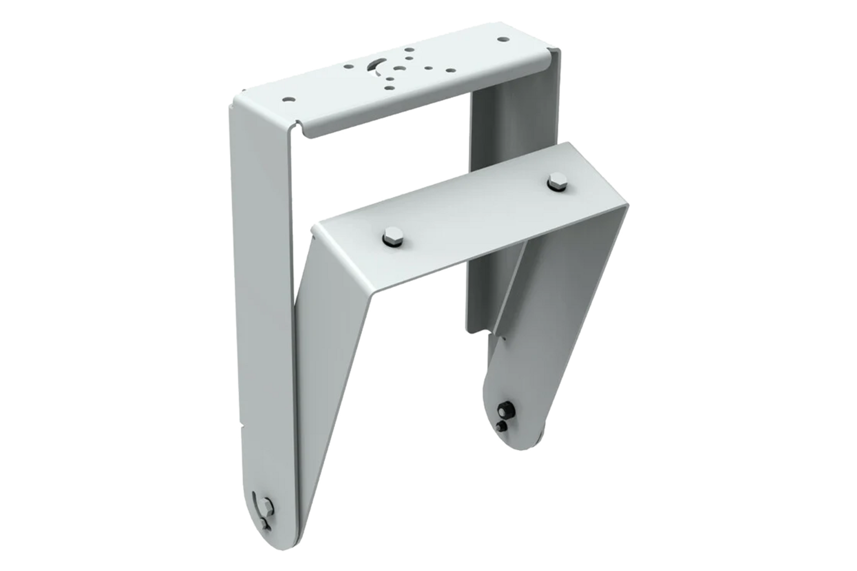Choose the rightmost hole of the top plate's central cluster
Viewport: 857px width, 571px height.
pyautogui.click(x=451, y=70)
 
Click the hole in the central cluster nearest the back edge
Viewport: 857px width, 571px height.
pyautogui.click(x=409, y=50)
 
